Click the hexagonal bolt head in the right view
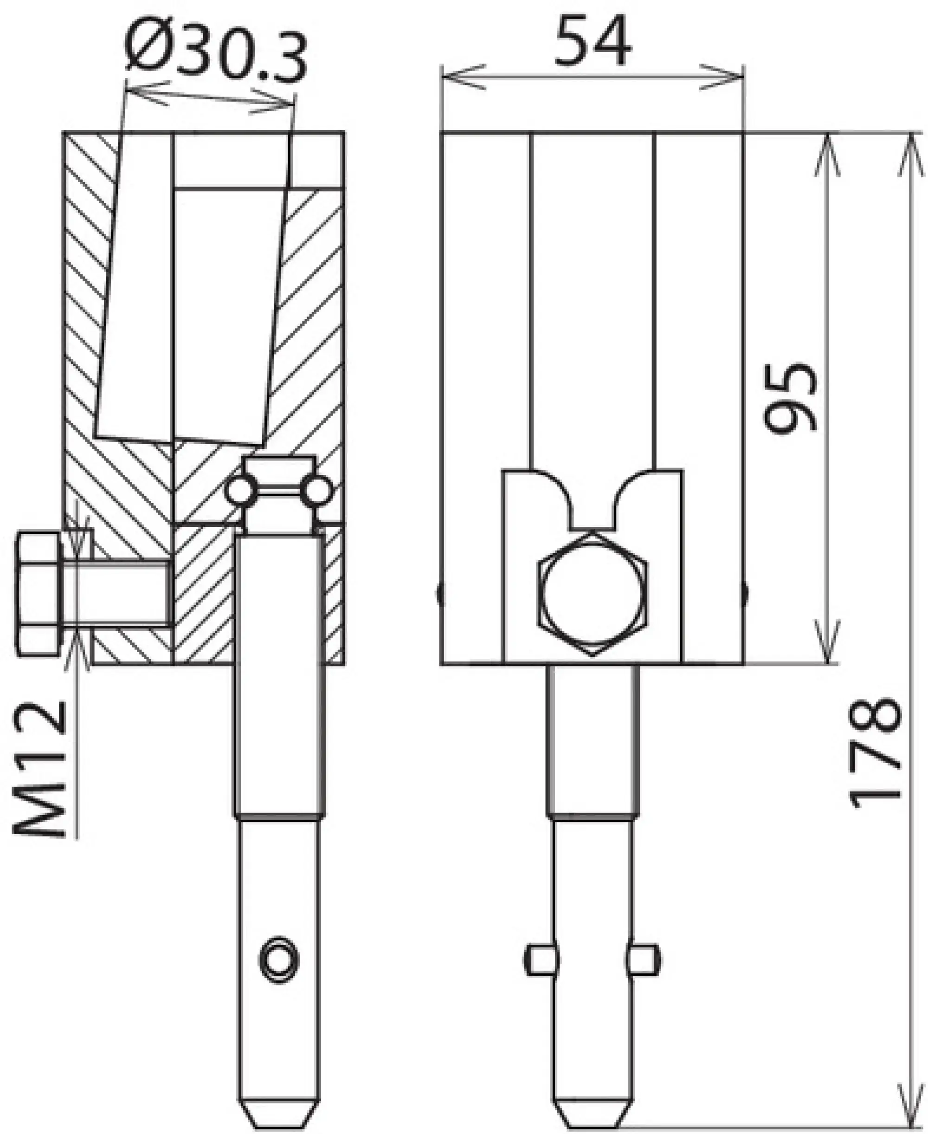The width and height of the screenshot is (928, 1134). point(593,594)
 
